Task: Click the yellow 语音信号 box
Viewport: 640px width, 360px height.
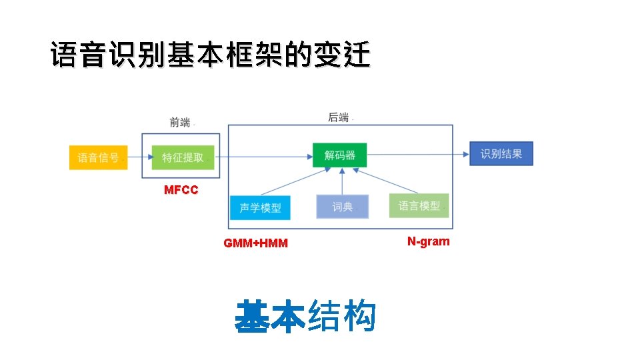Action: pyautogui.click(x=98, y=157)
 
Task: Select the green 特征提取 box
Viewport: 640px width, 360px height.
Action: pyautogui.click(x=183, y=157)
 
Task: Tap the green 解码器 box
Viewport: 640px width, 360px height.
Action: pyautogui.click(x=340, y=155)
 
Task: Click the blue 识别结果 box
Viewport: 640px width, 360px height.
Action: pyautogui.click(x=501, y=154)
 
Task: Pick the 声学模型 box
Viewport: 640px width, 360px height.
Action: pyautogui.click(x=260, y=207)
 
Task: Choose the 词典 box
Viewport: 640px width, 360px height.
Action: pyautogui.click(x=342, y=207)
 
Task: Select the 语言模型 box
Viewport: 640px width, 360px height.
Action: pyautogui.click(x=419, y=205)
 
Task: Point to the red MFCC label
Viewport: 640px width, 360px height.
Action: pyautogui.click(x=181, y=190)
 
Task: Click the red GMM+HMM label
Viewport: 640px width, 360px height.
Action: pyautogui.click(x=256, y=243)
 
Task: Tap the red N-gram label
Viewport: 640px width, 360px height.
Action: pyautogui.click(x=428, y=241)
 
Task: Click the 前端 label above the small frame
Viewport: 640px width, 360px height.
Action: pyautogui.click(x=179, y=122)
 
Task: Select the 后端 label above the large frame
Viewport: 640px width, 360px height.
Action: pyautogui.click(x=339, y=117)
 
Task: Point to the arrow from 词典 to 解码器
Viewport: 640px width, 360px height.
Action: pyautogui.click(x=342, y=181)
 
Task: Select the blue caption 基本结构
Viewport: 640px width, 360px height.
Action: pyautogui.click(x=305, y=317)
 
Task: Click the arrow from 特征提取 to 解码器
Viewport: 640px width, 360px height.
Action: pyautogui.click(x=263, y=157)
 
